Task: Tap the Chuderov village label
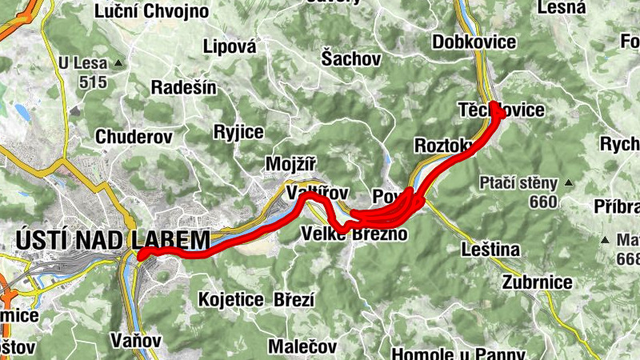[x=134, y=137]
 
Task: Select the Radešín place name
[x=184, y=87]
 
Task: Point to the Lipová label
[x=230, y=46]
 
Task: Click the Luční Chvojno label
[x=151, y=11]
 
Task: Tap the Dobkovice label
[x=474, y=42]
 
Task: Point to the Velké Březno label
[x=354, y=234]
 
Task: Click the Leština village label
[x=490, y=250]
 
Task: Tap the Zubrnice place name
[x=538, y=282]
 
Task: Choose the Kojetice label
[x=231, y=300]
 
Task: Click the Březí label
[x=294, y=300]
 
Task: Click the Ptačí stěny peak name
[x=518, y=183]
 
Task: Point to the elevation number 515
[x=94, y=82]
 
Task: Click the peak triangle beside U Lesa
[x=118, y=62]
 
